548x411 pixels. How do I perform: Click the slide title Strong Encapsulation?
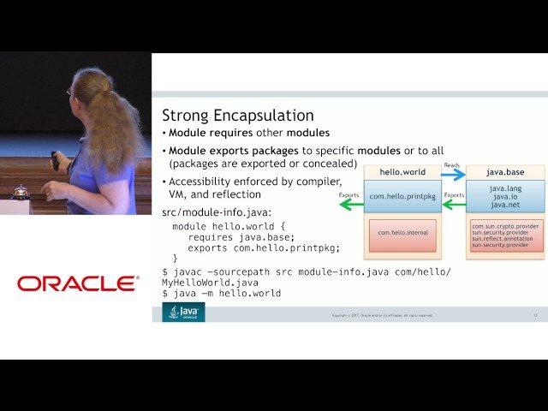[237, 115]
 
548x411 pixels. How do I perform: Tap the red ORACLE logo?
[77, 283]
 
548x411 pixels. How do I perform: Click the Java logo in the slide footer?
[183, 313]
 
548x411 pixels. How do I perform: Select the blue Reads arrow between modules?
[453, 174]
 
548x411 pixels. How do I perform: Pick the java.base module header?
[504, 172]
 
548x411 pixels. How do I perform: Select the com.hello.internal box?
[402, 232]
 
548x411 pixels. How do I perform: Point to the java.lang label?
[504, 188]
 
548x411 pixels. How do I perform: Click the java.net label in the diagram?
[504, 205]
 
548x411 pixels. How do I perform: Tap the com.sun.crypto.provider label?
[505, 226]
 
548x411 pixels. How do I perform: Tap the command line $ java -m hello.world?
[221, 293]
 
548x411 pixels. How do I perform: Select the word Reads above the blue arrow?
[452, 164]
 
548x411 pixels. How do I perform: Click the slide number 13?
[534, 315]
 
